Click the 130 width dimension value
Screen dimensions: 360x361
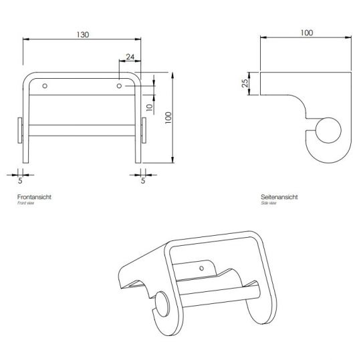[x=82, y=34]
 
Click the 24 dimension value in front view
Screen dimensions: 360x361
[x=129, y=57]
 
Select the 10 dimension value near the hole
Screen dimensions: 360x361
[x=151, y=106]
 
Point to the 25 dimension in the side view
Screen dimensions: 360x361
[x=245, y=84]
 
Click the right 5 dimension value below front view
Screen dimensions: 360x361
[x=143, y=180]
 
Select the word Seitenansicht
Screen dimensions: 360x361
[x=279, y=198]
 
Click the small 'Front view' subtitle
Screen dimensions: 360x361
[x=25, y=204]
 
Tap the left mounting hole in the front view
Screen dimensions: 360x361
[x=45, y=86]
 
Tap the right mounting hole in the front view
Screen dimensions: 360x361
[x=119, y=86]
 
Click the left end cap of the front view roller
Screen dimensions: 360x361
[x=19, y=130]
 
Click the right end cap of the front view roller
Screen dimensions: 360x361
[x=144, y=130]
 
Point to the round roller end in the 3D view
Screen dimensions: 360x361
[x=162, y=309]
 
